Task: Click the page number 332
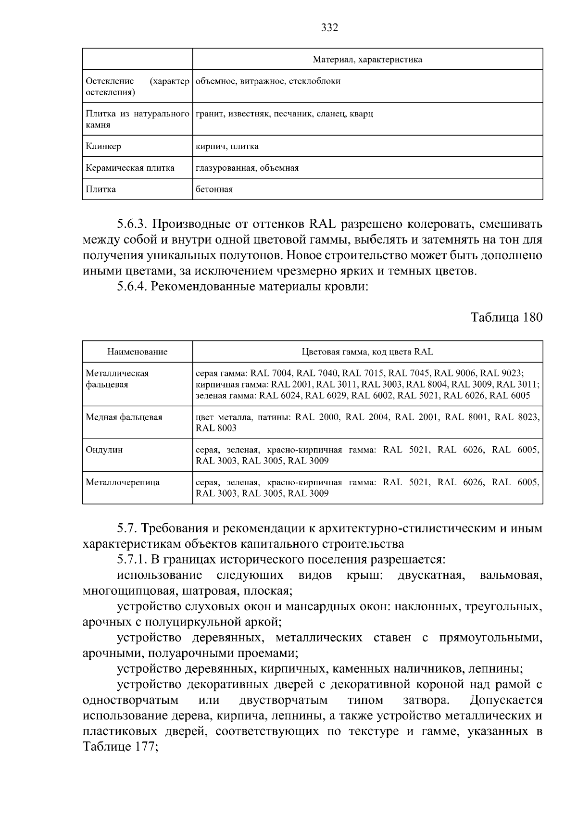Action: (329, 27)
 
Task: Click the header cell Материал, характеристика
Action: (367, 60)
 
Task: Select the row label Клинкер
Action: (103, 146)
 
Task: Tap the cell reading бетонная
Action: (214, 189)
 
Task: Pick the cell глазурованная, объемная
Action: (247, 168)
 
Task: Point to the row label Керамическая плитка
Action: (130, 168)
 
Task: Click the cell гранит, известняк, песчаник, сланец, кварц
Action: (284, 114)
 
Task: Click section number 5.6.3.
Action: (133, 224)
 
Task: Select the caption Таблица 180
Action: (506, 317)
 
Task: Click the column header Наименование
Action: (138, 352)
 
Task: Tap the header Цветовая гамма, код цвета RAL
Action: (367, 352)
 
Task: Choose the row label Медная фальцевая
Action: (124, 417)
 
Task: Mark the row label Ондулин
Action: (104, 450)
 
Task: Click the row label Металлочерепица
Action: (122, 482)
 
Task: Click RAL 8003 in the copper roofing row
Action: (216, 428)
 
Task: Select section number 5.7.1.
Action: (133, 560)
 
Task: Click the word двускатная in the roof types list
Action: (431, 576)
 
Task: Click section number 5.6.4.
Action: (133, 287)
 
